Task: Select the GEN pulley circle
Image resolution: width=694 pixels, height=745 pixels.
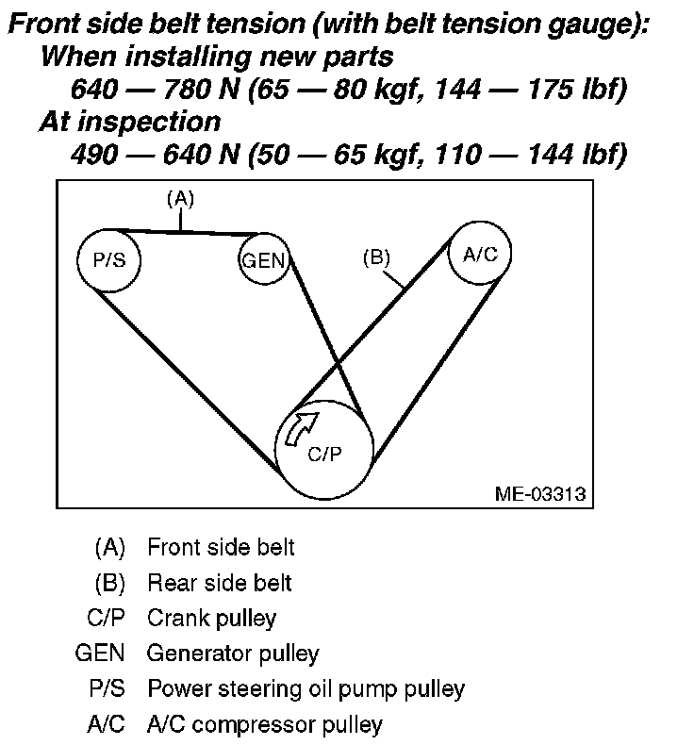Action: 263,260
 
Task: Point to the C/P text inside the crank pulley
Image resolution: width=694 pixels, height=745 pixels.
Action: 324,453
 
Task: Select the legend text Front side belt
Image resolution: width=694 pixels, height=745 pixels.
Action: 221,547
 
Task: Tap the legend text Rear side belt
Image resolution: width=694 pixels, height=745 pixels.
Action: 219,583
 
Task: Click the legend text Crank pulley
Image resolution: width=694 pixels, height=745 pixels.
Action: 211,619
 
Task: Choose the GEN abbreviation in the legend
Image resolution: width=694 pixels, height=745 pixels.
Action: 100,654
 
